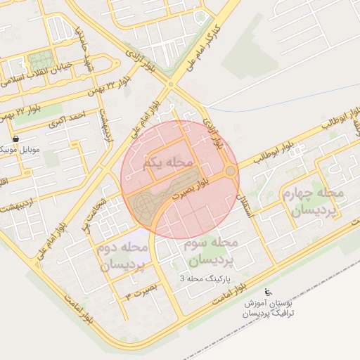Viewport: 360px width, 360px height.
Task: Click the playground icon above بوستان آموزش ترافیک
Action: coord(266,292)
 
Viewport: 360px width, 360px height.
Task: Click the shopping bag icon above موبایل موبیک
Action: coord(15,138)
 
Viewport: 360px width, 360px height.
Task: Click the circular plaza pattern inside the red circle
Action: coord(144,205)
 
